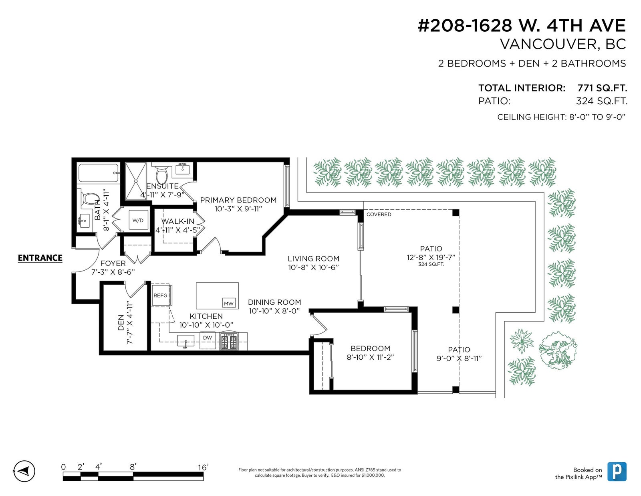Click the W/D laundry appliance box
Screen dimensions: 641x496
point(138,220)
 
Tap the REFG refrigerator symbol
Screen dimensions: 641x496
point(161,295)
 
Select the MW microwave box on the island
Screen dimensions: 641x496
point(229,303)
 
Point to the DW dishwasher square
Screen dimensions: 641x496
point(208,340)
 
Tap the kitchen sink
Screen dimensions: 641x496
point(185,341)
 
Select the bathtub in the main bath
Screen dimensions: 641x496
point(99,173)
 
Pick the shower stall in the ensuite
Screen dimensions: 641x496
point(136,181)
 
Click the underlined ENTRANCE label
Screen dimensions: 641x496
point(40,258)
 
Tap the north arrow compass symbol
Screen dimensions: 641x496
point(24,471)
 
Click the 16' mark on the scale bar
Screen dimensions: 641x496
point(203,467)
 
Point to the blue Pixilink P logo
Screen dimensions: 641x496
point(617,471)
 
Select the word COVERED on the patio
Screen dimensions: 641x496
point(379,215)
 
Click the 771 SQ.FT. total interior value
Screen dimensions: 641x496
point(602,88)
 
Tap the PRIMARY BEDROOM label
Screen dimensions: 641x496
point(238,200)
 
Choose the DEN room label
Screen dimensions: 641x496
point(121,322)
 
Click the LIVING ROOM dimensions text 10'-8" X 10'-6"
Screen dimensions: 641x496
point(313,267)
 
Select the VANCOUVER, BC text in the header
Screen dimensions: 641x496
point(563,44)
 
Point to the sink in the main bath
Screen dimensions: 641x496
point(85,221)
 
